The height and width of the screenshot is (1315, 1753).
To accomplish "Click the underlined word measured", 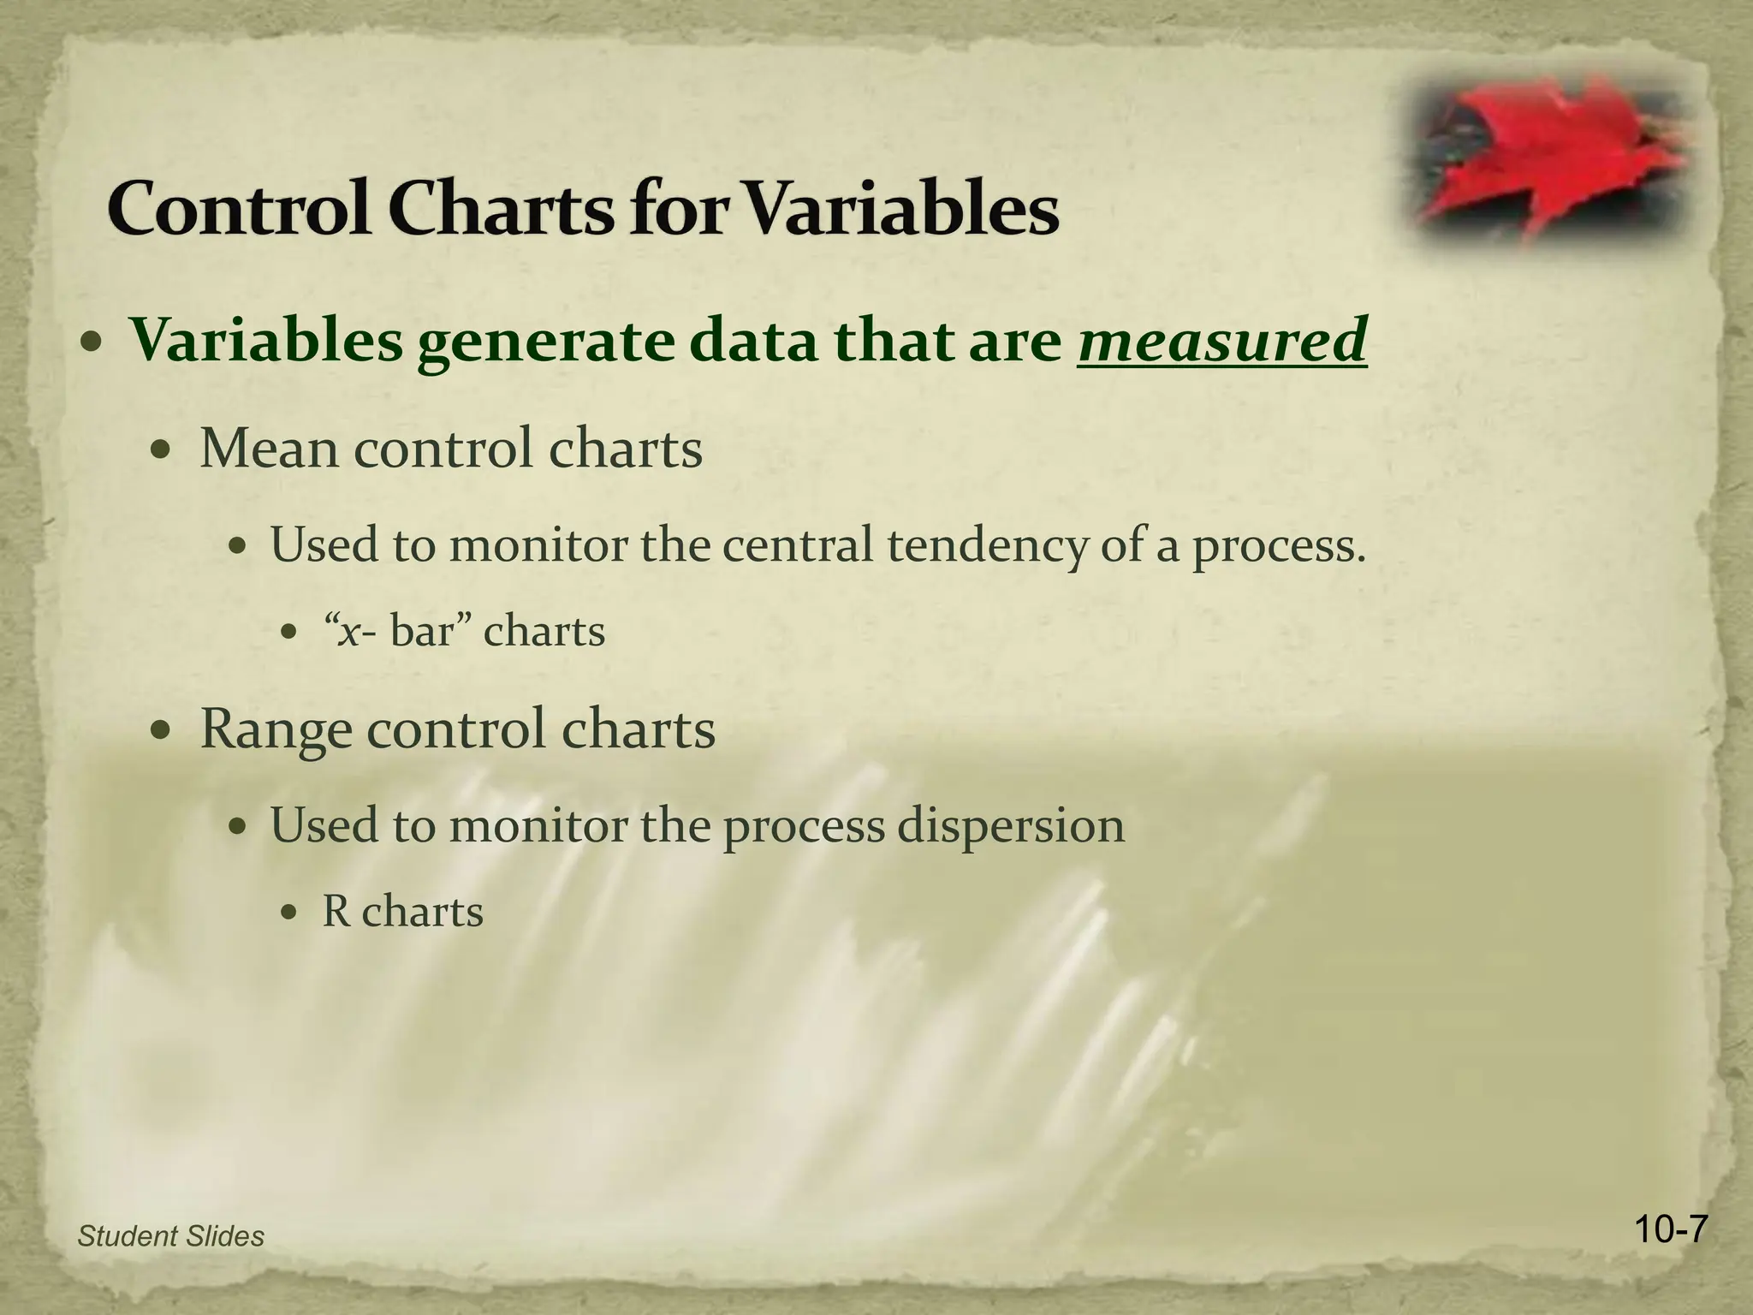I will (x=1221, y=341).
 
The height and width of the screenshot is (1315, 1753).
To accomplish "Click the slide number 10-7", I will (x=1647, y=1230).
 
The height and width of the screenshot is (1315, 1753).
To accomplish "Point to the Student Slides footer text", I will (x=170, y=1236).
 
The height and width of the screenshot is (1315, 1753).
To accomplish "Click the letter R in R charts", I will (x=336, y=912).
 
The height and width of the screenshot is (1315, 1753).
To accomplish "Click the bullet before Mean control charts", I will (x=159, y=450).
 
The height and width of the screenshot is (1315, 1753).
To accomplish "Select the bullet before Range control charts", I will (x=159, y=732).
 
